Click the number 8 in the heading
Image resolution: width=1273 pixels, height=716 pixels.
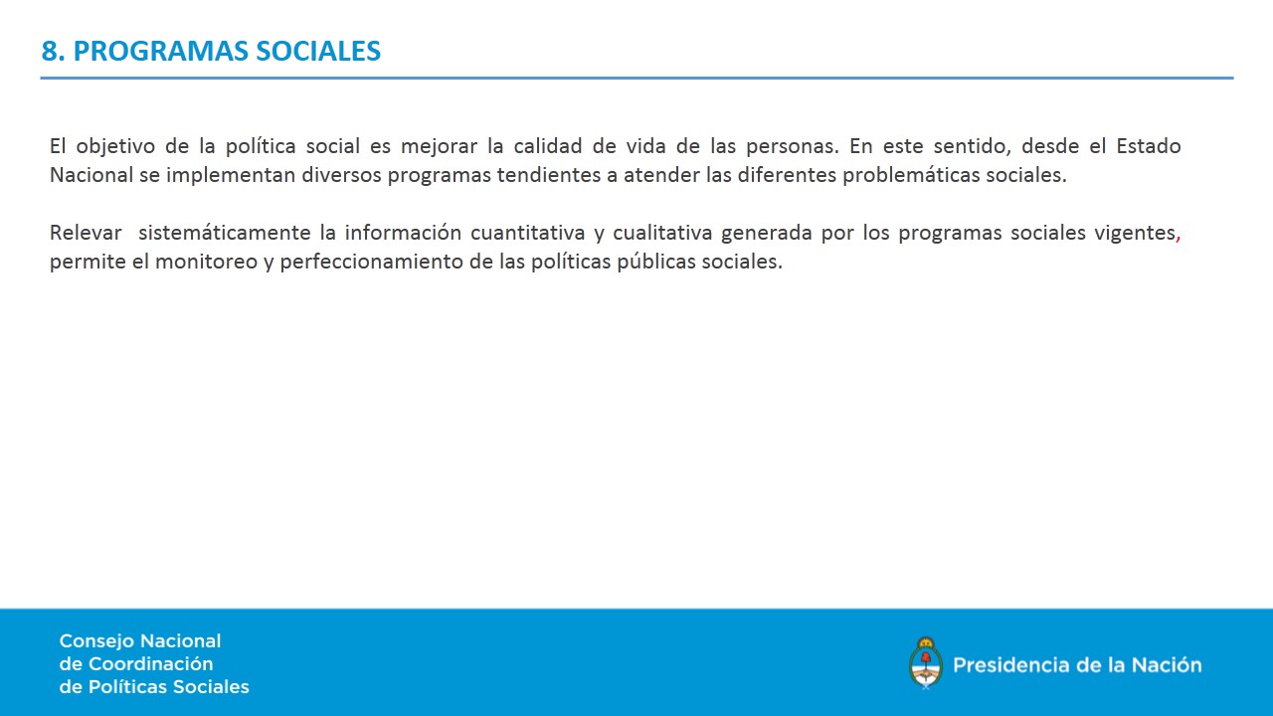point(50,51)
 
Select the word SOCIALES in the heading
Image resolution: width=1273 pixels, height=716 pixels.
point(318,51)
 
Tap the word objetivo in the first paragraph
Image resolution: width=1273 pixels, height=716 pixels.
point(115,147)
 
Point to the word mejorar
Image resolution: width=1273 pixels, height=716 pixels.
point(439,147)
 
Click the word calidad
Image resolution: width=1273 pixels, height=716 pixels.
point(548,146)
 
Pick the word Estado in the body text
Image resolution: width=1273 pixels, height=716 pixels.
point(1149,146)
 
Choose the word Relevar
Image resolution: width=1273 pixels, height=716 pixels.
point(86,233)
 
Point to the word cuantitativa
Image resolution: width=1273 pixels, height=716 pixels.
point(527,233)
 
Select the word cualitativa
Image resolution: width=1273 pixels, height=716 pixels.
point(662,233)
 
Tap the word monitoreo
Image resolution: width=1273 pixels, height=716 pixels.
point(206,262)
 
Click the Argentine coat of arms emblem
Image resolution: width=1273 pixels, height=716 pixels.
point(926,663)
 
